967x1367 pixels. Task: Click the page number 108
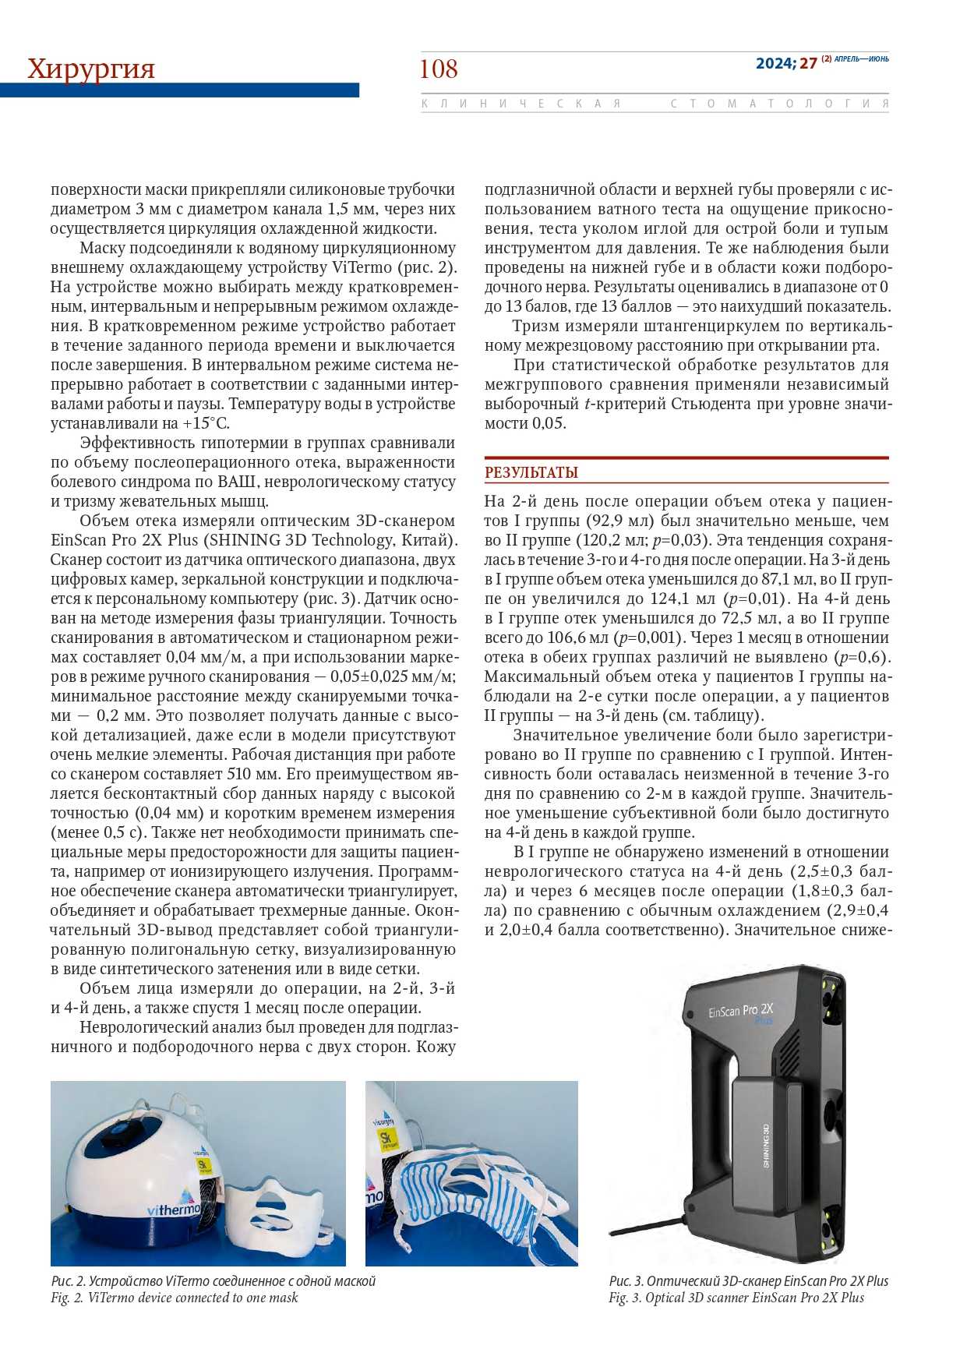tap(439, 69)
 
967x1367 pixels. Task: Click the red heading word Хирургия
tap(91, 69)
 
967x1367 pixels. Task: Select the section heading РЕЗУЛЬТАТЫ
tap(531, 472)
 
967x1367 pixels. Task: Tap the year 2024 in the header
tap(774, 63)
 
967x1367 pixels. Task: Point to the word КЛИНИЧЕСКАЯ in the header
tap(521, 104)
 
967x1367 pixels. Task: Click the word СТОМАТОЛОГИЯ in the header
tap(779, 104)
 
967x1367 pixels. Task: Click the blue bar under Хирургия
tap(179, 90)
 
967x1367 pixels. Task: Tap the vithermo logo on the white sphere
tap(173, 1209)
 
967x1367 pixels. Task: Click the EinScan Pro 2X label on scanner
tap(740, 1011)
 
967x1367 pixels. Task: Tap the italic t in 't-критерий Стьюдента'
tap(586, 404)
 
